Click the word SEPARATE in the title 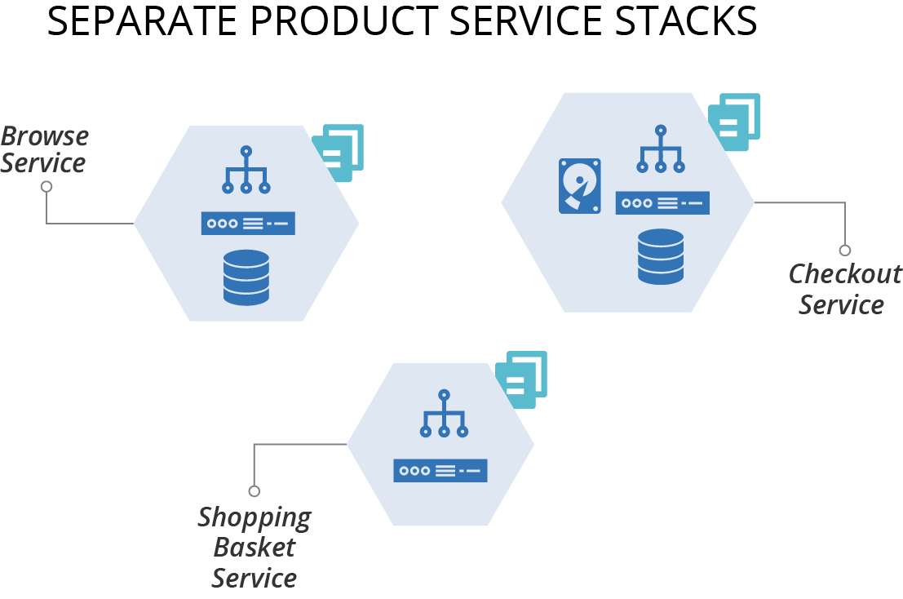click(142, 21)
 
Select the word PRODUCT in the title click(343, 21)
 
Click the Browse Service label click(44, 150)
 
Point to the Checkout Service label click(844, 289)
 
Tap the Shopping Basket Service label click(254, 547)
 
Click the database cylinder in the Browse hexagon click(246, 277)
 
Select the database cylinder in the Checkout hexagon click(661, 256)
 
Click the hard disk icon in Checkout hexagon click(579, 186)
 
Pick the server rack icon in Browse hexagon click(248, 224)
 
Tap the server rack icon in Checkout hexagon click(662, 202)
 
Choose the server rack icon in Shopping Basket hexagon click(440, 471)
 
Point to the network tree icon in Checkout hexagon click(661, 149)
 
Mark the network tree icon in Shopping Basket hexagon click(444, 413)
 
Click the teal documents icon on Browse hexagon click(338, 153)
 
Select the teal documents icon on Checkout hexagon click(734, 122)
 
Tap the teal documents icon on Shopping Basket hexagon click(521, 379)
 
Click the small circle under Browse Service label click(46, 187)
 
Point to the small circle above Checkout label click(845, 250)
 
